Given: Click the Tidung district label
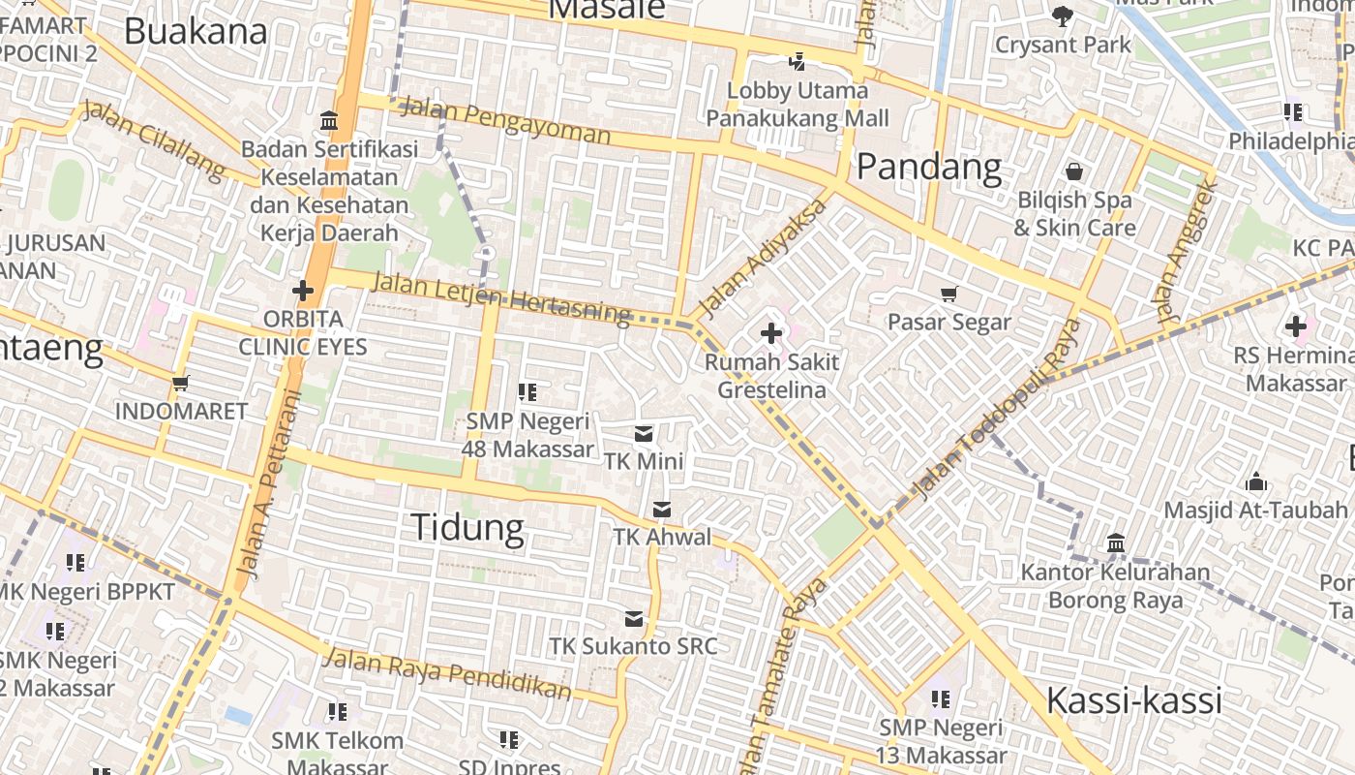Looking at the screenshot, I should (x=467, y=528).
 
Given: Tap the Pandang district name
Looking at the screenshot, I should (x=929, y=167).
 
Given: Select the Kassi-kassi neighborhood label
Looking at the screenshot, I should (x=1134, y=700).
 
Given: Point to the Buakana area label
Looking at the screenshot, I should (x=196, y=31).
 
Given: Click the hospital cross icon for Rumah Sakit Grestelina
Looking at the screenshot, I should (x=771, y=334).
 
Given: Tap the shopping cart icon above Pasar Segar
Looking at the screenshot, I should (x=949, y=294).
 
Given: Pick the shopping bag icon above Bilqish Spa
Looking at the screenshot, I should (x=1073, y=172).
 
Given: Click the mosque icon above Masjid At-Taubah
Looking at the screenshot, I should (x=1256, y=481).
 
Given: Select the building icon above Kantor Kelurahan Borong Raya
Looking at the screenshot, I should (x=1115, y=542).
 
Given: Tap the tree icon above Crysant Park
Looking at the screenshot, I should (x=1063, y=15).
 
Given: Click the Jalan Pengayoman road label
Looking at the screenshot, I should (x=504, y=119).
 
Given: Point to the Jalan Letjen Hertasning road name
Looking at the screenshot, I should (x=500, y=296).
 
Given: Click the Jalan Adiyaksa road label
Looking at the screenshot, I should (x=764, y=258).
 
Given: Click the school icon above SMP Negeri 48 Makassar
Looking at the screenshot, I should (x=527, y=392).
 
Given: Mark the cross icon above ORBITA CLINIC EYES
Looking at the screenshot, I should (x=303, y=290).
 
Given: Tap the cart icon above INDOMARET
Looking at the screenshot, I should (x=180, y=383).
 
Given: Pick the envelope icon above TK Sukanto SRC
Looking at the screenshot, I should (x=634, y=619).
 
